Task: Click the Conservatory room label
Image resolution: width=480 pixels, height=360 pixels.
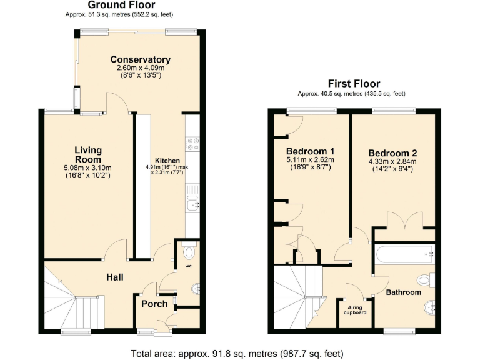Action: (139, 59)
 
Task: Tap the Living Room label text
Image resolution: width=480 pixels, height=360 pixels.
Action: (87, 154)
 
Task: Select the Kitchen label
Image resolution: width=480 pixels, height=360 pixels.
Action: (167, 161)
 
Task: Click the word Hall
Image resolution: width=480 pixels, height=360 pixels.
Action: (114, 277)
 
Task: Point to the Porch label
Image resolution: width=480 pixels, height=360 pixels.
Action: (154, 304)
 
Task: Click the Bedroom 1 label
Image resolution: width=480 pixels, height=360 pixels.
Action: (310, 151)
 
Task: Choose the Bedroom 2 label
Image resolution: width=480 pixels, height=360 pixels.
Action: (392, 153)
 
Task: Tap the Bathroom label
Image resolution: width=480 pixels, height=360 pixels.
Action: (403, 292)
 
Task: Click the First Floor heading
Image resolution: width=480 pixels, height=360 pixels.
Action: (354, 84)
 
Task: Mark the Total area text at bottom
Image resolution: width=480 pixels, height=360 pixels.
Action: (239, 353)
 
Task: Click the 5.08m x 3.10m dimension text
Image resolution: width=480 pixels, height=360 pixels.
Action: (87, 167)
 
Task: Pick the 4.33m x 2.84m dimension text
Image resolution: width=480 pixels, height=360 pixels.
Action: (392, 161)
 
